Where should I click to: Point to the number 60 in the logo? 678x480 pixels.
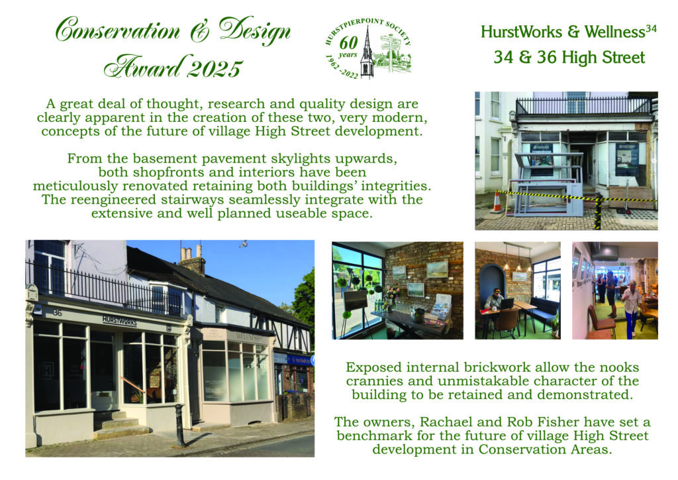tap(348, 43)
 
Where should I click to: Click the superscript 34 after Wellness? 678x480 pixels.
tap(651, 29)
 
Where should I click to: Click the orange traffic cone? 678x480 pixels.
tap(497, 202)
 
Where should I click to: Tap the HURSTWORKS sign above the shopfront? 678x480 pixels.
tap(119, 321)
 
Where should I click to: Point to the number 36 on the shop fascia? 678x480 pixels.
tap(57, 312)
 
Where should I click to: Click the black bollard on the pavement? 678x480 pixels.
tap(179, 425)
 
